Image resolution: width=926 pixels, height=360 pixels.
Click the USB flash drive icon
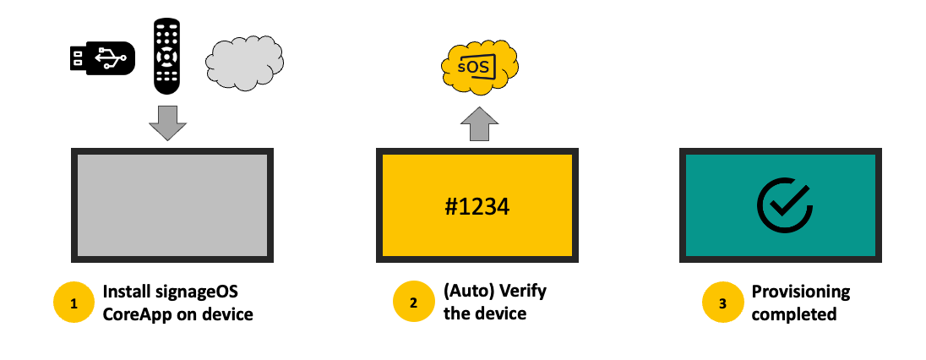pos(101,57)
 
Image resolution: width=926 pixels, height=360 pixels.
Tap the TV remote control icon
pos(167,56)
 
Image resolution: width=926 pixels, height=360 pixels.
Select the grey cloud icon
pos(244,63)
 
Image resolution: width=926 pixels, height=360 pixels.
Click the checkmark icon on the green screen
pos(783,205)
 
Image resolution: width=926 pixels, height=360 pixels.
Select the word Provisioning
pos(801,292)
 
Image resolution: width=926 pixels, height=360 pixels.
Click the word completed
pos(794,314)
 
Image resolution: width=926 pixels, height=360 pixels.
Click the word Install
pos(125,292)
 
